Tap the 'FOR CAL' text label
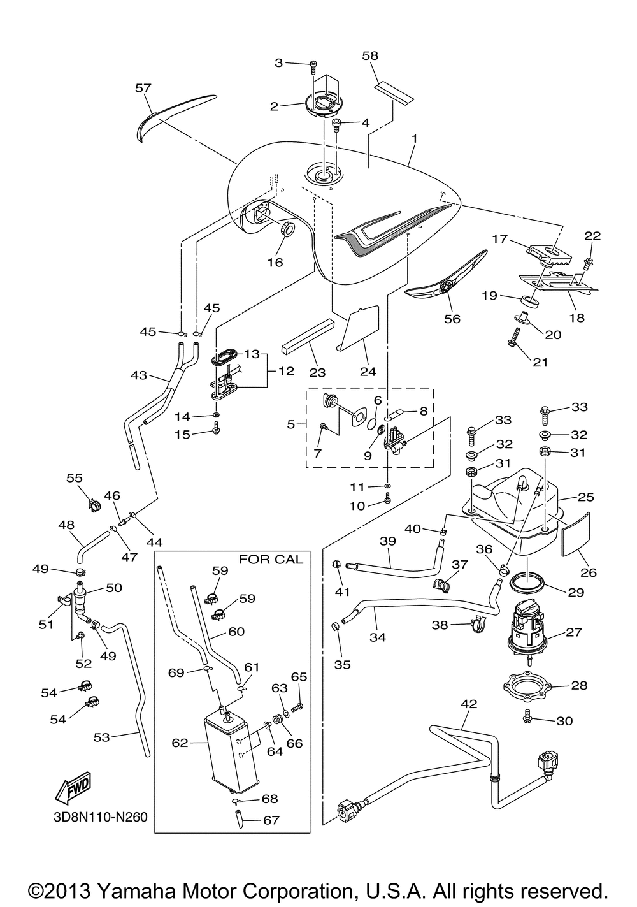[x=271, y=559]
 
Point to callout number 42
[x=469, y=704]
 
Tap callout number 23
[x=317, y=372]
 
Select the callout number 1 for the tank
[x=415, y=138]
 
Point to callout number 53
[x=101, y=737]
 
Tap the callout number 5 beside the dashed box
[x=291, y=424]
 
